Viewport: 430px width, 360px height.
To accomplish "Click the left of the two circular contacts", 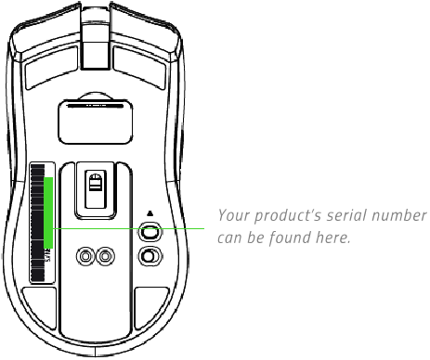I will pyautogui.click(x=86, y=254).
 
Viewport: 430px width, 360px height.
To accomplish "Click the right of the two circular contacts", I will pyautogui.click(x=104, y=254).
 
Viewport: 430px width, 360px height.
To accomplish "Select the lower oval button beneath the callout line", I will pyautogui.click(x=149, y=255).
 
